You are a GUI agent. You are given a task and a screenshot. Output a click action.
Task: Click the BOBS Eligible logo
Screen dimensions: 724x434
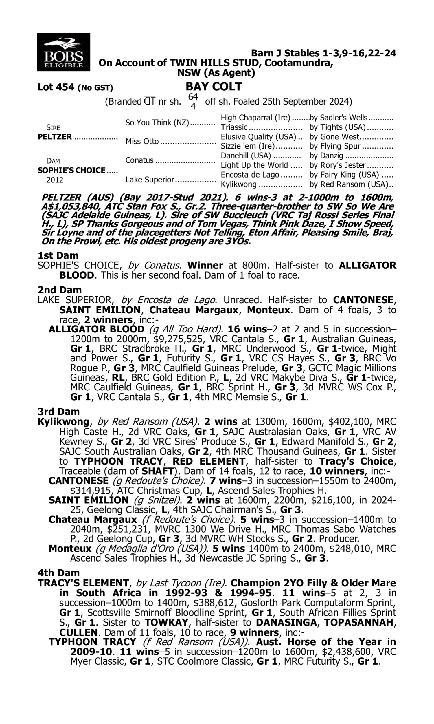[x=63, y=52]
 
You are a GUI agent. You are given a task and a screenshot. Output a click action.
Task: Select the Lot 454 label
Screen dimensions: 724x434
[x=56, y=87]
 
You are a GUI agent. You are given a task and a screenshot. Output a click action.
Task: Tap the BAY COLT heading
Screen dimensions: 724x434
[x=214, y=87]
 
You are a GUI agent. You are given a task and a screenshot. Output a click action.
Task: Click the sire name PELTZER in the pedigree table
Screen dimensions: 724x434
[x=55, y=137]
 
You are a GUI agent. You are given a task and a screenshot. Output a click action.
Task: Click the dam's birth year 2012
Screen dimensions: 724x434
[x=55, y=180]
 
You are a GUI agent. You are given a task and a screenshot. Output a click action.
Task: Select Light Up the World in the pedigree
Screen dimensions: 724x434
[x=254, y=165]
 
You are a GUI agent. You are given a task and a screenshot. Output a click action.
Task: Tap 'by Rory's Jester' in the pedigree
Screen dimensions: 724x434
[x=337, y=165]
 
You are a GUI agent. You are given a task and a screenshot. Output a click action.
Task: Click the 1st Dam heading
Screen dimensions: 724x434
[x=58, y=255]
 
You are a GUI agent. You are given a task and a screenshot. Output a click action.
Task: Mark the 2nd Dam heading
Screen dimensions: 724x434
[x=60, y=290]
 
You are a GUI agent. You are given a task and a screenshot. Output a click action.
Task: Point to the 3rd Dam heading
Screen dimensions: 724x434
[x=59, y=412]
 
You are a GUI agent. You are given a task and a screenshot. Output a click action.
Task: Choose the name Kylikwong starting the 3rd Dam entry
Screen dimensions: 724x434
[x=63, y=422]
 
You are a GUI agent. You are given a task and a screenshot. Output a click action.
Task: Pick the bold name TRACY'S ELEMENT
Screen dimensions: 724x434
[x=83, y=583]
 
